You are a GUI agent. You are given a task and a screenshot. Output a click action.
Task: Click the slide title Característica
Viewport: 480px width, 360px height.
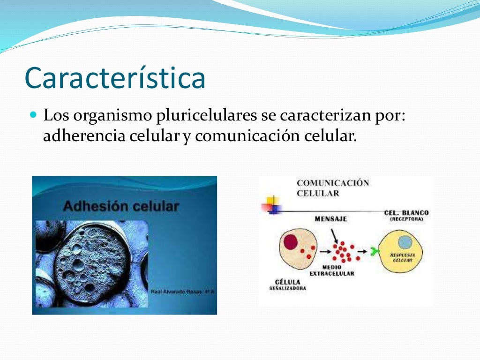[x=115, y=78]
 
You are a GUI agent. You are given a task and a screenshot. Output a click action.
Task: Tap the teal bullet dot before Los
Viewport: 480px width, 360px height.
[x=32, y=114]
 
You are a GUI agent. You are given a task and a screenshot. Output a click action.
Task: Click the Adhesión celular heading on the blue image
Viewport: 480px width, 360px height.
[x=121, y=206]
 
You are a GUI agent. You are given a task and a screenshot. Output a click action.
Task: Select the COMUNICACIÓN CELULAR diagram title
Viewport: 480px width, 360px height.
[x=332, y=188]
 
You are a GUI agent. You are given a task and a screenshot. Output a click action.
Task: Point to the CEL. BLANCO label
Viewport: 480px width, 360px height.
[x=406, y=213]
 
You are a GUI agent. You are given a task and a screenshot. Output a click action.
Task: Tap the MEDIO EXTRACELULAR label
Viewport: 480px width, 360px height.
[x=332, y=270]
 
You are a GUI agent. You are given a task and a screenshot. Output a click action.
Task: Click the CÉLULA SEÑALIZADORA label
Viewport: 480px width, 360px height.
[x=287, y=285]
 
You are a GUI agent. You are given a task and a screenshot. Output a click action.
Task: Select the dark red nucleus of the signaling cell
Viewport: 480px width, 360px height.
[x=291, y=241]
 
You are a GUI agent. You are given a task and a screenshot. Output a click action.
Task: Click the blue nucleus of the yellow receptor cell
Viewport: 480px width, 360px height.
[x=405, y=242]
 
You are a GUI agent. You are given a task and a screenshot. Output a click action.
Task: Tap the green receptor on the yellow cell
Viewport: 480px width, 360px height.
[x=374, y=252]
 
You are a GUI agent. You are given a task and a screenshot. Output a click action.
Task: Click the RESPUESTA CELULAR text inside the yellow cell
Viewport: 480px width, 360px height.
[x=402, y=257]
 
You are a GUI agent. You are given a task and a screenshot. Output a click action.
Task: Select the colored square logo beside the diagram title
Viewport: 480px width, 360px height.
[x=273, y=204]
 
